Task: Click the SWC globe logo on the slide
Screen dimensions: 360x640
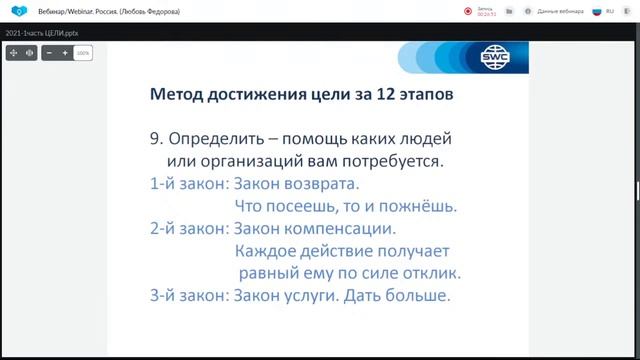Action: [493, 57]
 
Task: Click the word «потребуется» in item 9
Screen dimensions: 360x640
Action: [385, 161]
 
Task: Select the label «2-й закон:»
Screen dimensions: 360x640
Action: [173, 229]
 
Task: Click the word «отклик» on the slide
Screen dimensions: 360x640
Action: [427, 273]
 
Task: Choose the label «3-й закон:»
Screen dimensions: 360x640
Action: [173, 296]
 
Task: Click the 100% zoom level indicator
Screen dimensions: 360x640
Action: [83, 52]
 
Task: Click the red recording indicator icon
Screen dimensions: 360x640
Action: [468, 11]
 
